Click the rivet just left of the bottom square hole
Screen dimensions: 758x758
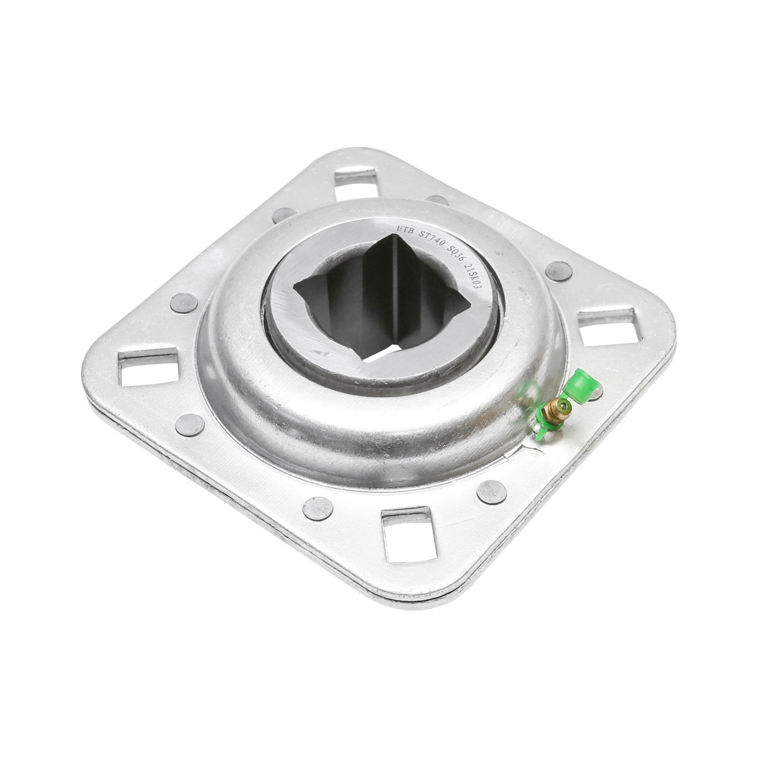318,507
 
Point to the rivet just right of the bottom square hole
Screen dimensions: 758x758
491,491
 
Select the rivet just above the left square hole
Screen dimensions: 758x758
183,303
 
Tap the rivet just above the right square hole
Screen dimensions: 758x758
558,271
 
